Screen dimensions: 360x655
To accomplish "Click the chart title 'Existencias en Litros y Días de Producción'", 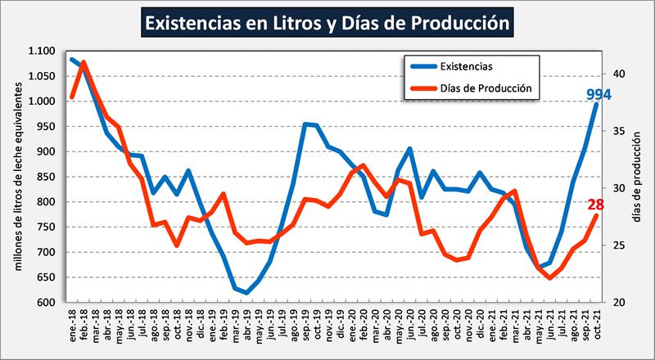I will click(x=327, y=22).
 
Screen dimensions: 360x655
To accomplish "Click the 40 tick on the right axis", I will click(x=619, y=74).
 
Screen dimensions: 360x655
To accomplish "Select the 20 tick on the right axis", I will click(x=619, y=303).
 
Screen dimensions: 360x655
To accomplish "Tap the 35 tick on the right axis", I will click(x=619, y=131).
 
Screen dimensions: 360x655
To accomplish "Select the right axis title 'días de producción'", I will click(x=637, y=176).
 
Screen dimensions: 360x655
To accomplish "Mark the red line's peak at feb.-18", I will click(x=84, y=62).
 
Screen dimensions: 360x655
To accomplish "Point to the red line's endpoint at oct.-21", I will click(x=596, y=215).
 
